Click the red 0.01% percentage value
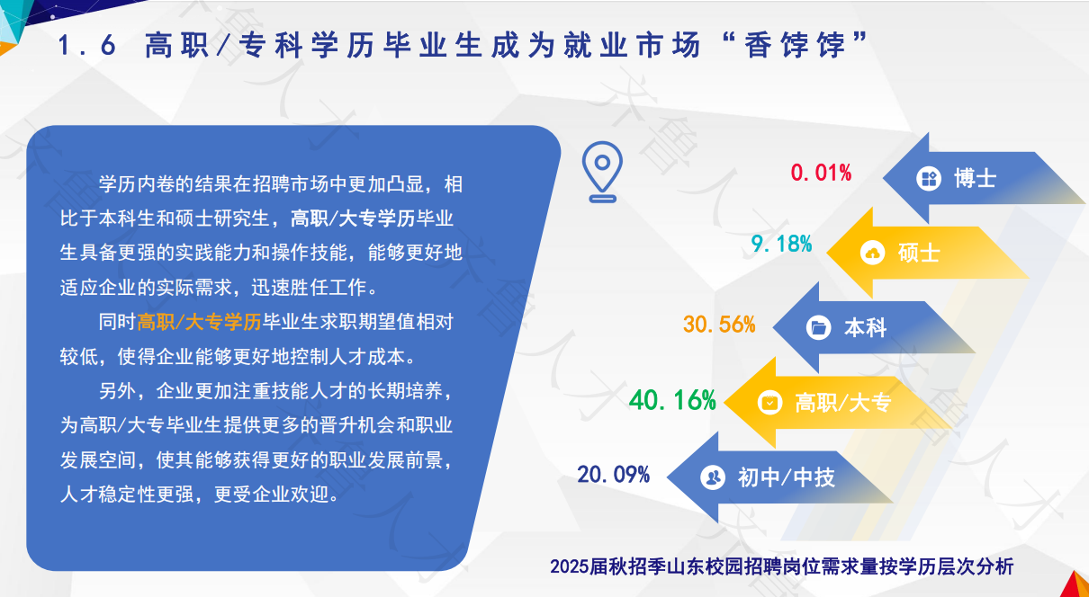click(821, 173)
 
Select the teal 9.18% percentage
click(781, 244)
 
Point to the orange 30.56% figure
click(719, 324)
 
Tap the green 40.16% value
click(672, 400)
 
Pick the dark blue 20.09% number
click(613, 474)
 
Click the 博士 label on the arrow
click(976, 178)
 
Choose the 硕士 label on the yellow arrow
click(919, 253)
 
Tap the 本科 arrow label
click(866, 328)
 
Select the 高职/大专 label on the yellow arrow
click(843, 403)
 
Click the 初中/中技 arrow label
click(787, 477)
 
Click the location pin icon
click(602, 172)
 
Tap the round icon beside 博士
click(929, 178)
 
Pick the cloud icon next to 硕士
click(873, 253)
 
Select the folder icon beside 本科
click(819, 328)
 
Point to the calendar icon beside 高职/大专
click(770, 403)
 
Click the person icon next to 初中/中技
click(713, 477)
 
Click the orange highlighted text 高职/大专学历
click(199, 322)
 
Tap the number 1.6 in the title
click(87, 46)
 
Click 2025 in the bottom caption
click(570, 566)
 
